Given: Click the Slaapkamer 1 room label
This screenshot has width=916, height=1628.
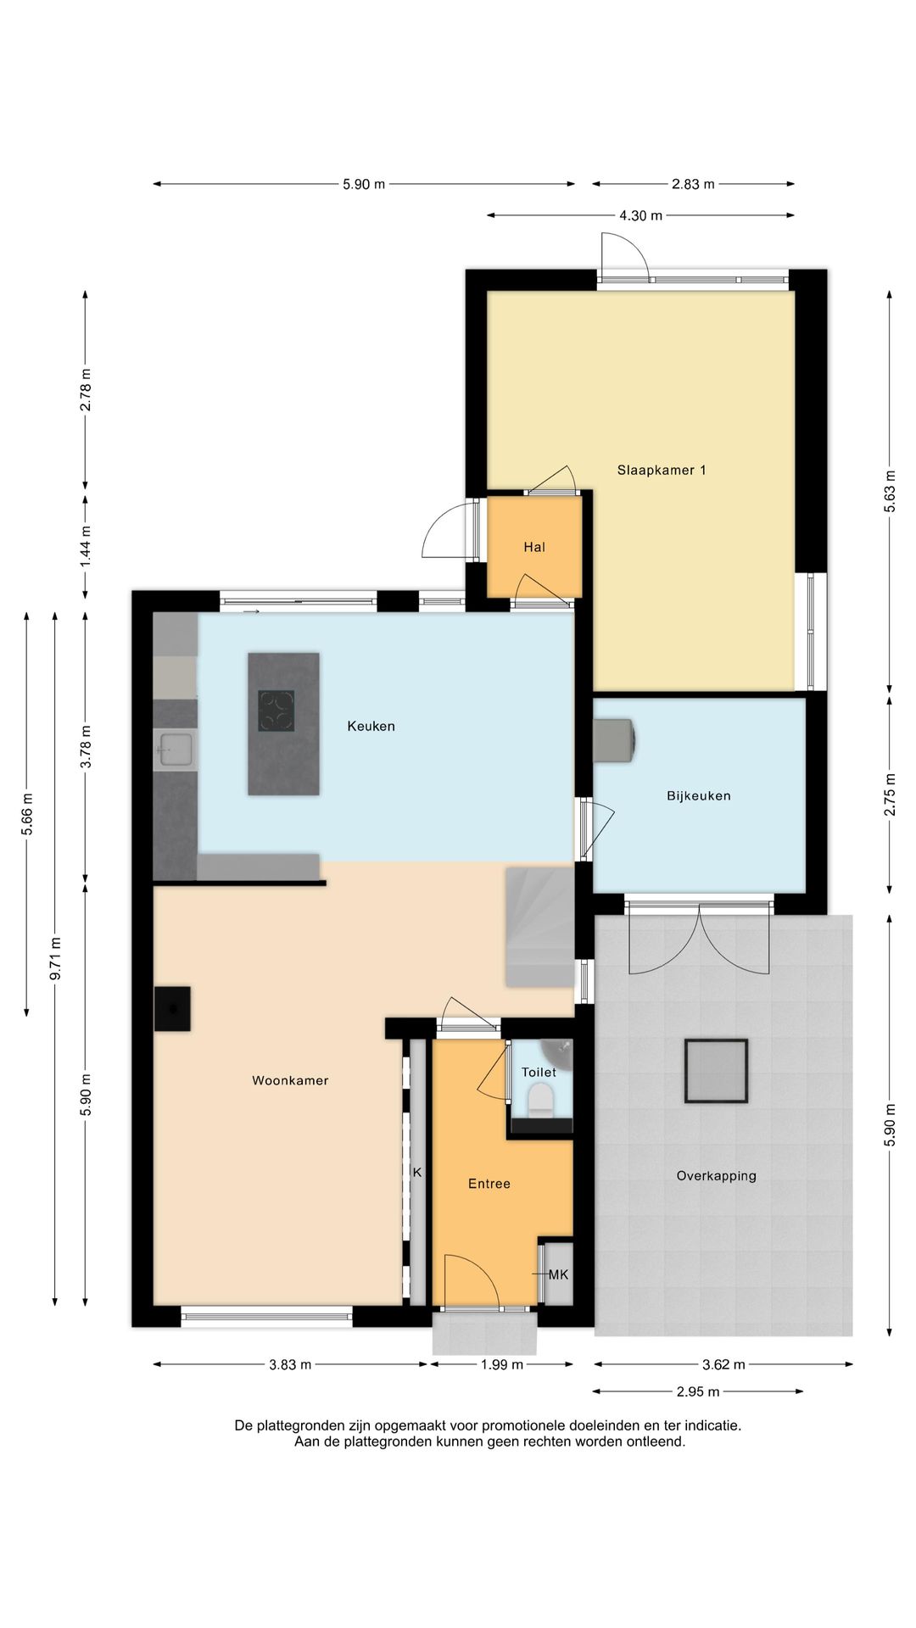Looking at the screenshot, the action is (x=662, y=470).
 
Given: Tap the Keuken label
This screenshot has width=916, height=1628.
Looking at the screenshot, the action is (x=371, y=726).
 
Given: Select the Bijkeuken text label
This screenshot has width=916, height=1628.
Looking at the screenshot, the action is (x=699, y=795).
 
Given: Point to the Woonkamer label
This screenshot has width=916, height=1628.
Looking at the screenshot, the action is (x=290, y=1080).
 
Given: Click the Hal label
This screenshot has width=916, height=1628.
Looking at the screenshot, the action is (x=534, y=547).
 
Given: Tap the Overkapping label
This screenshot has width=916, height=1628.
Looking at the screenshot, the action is (x=717, y=1176).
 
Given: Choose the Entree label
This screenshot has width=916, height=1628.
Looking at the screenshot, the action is (x=489, y=1184).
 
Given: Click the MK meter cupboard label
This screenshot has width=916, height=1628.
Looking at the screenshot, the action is (x=558, y=1274).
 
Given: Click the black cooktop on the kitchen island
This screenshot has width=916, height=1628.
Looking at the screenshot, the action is (x=276, y=711).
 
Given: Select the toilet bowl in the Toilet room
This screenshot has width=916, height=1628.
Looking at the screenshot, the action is (x=540, y=1101).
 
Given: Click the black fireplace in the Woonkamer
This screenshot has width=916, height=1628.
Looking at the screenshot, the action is (x=172, y=1009).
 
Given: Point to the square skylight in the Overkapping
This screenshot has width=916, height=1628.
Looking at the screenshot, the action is (x=717, y=1071).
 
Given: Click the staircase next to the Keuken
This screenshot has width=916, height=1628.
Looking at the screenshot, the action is (x=539, y=927).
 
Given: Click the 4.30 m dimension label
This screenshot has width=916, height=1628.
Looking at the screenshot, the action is (x=641, y=215).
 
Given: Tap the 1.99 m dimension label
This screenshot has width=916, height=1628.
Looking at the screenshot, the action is (x=502, y=1364).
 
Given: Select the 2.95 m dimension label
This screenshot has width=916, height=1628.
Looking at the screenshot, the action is (x=698, y=1391).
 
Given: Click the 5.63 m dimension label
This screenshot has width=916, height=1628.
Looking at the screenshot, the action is (x=890, y=491).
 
